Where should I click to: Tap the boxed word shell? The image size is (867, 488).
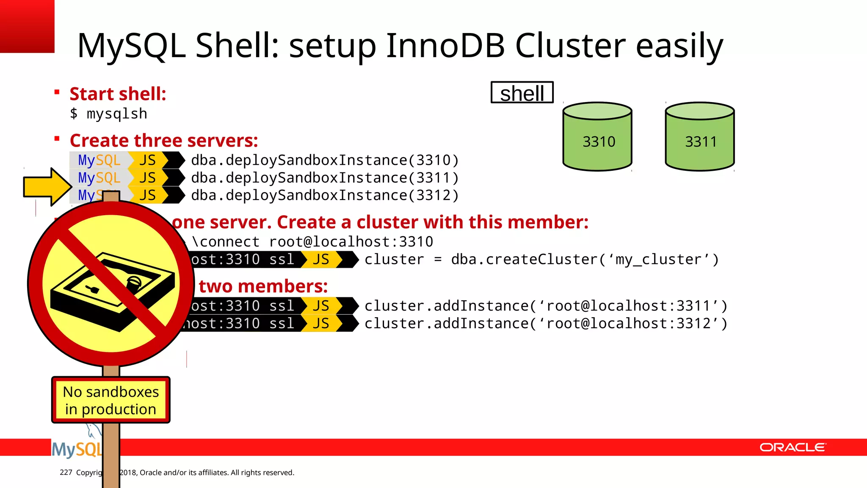tap(522, 93)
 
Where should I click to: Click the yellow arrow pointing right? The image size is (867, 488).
tap(47, 187)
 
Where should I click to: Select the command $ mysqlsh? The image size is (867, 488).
tap(109, 114)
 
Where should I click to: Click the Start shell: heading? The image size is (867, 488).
tap(118, 94)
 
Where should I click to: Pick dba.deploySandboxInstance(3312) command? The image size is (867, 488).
tap(325, 195)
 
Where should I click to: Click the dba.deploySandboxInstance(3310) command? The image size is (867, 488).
tap(325, 160)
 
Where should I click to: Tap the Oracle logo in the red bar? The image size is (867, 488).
tap(793, 447)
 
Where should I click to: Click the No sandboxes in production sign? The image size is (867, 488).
tap(111, 400)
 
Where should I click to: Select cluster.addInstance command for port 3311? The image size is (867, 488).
tap(546, 306)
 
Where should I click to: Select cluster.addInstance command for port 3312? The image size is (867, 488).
tap(546, 324)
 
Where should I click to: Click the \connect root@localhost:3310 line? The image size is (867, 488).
tap(312, 242)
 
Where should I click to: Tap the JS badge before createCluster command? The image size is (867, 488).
tap(321, 259)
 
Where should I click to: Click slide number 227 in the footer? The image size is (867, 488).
tap(66, 472)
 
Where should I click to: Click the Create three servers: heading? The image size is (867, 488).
tap(164, 141)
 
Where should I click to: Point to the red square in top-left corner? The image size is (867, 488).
tap(27, 26)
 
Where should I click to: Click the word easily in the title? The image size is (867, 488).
tap(679, 46)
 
